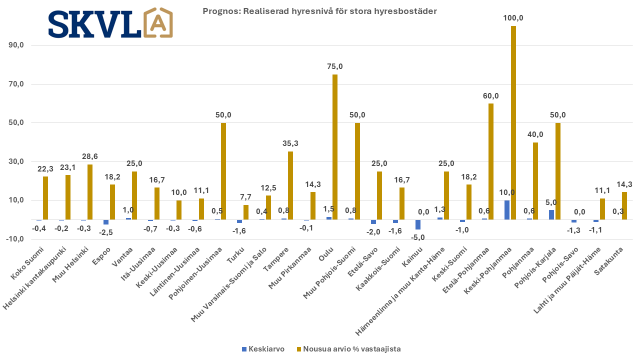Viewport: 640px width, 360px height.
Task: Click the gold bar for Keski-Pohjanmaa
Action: coord(513,122)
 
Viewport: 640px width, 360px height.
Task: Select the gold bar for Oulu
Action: coord(334,147)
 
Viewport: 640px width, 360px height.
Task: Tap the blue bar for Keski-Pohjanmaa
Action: coord(507,210)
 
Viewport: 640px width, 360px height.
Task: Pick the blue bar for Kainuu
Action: coord(418,224)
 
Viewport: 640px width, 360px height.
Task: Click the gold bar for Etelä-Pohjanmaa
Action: coord(490,161)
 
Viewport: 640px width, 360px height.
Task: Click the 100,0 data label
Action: coord(513,18)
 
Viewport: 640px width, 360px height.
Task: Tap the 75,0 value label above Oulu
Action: coord(334,66)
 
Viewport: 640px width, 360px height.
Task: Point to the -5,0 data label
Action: coord(418,237)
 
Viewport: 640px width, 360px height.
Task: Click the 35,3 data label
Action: coord(290,143)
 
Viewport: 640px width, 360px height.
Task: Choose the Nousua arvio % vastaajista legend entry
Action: coord(348,349)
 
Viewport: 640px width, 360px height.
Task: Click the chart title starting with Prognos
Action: coord(319,10)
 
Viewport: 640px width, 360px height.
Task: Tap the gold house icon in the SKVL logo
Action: coord(157,23)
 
